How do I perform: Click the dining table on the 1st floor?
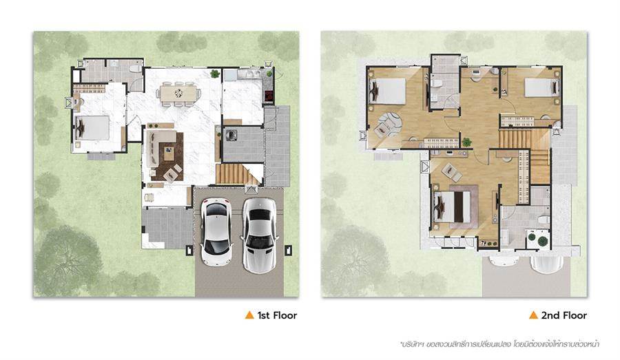(x=178, y=94)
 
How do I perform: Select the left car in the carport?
(x=216, y=231)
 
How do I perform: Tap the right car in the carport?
(x=260, y=235)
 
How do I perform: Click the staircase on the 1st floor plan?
(x=237, y=174)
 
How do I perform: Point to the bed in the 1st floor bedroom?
(x=92, y=127)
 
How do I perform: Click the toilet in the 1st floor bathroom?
(x=136, y=68)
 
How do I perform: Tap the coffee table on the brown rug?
(x=169, y=153)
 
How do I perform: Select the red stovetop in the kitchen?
(x=269, y=96)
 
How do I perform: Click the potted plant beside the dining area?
(x=215, y=74)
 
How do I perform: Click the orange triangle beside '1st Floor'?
(x=249, y=315)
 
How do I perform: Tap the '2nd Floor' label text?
(x=564, y=315)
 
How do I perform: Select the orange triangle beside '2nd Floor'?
(x=533, y=315)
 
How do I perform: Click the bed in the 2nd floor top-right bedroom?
(x=541, y=87)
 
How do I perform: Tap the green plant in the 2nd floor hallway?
(x=467, y=142)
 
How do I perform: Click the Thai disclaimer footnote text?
(x=499, y=343)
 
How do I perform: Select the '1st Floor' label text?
(x=277, y=315)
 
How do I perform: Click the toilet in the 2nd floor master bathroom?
(x=544, y=220)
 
